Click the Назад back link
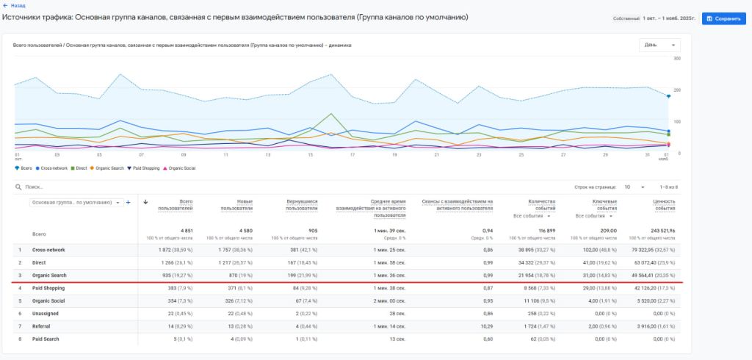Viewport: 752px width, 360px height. click(17, 5)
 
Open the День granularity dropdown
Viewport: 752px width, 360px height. click(659, 45)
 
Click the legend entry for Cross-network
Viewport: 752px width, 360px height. click(52, 168)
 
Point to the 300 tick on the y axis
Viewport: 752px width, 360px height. click(676, 58)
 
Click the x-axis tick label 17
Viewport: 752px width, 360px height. click(352, 155)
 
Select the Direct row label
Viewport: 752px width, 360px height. click(40, 262)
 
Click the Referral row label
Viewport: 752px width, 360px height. click(42, 325)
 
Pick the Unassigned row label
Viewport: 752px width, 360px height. click(45, 313)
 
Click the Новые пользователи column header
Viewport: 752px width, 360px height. click(238, 205)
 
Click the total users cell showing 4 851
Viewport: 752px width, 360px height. click(185, 230)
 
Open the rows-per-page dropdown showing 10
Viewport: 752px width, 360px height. click(634, 187)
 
